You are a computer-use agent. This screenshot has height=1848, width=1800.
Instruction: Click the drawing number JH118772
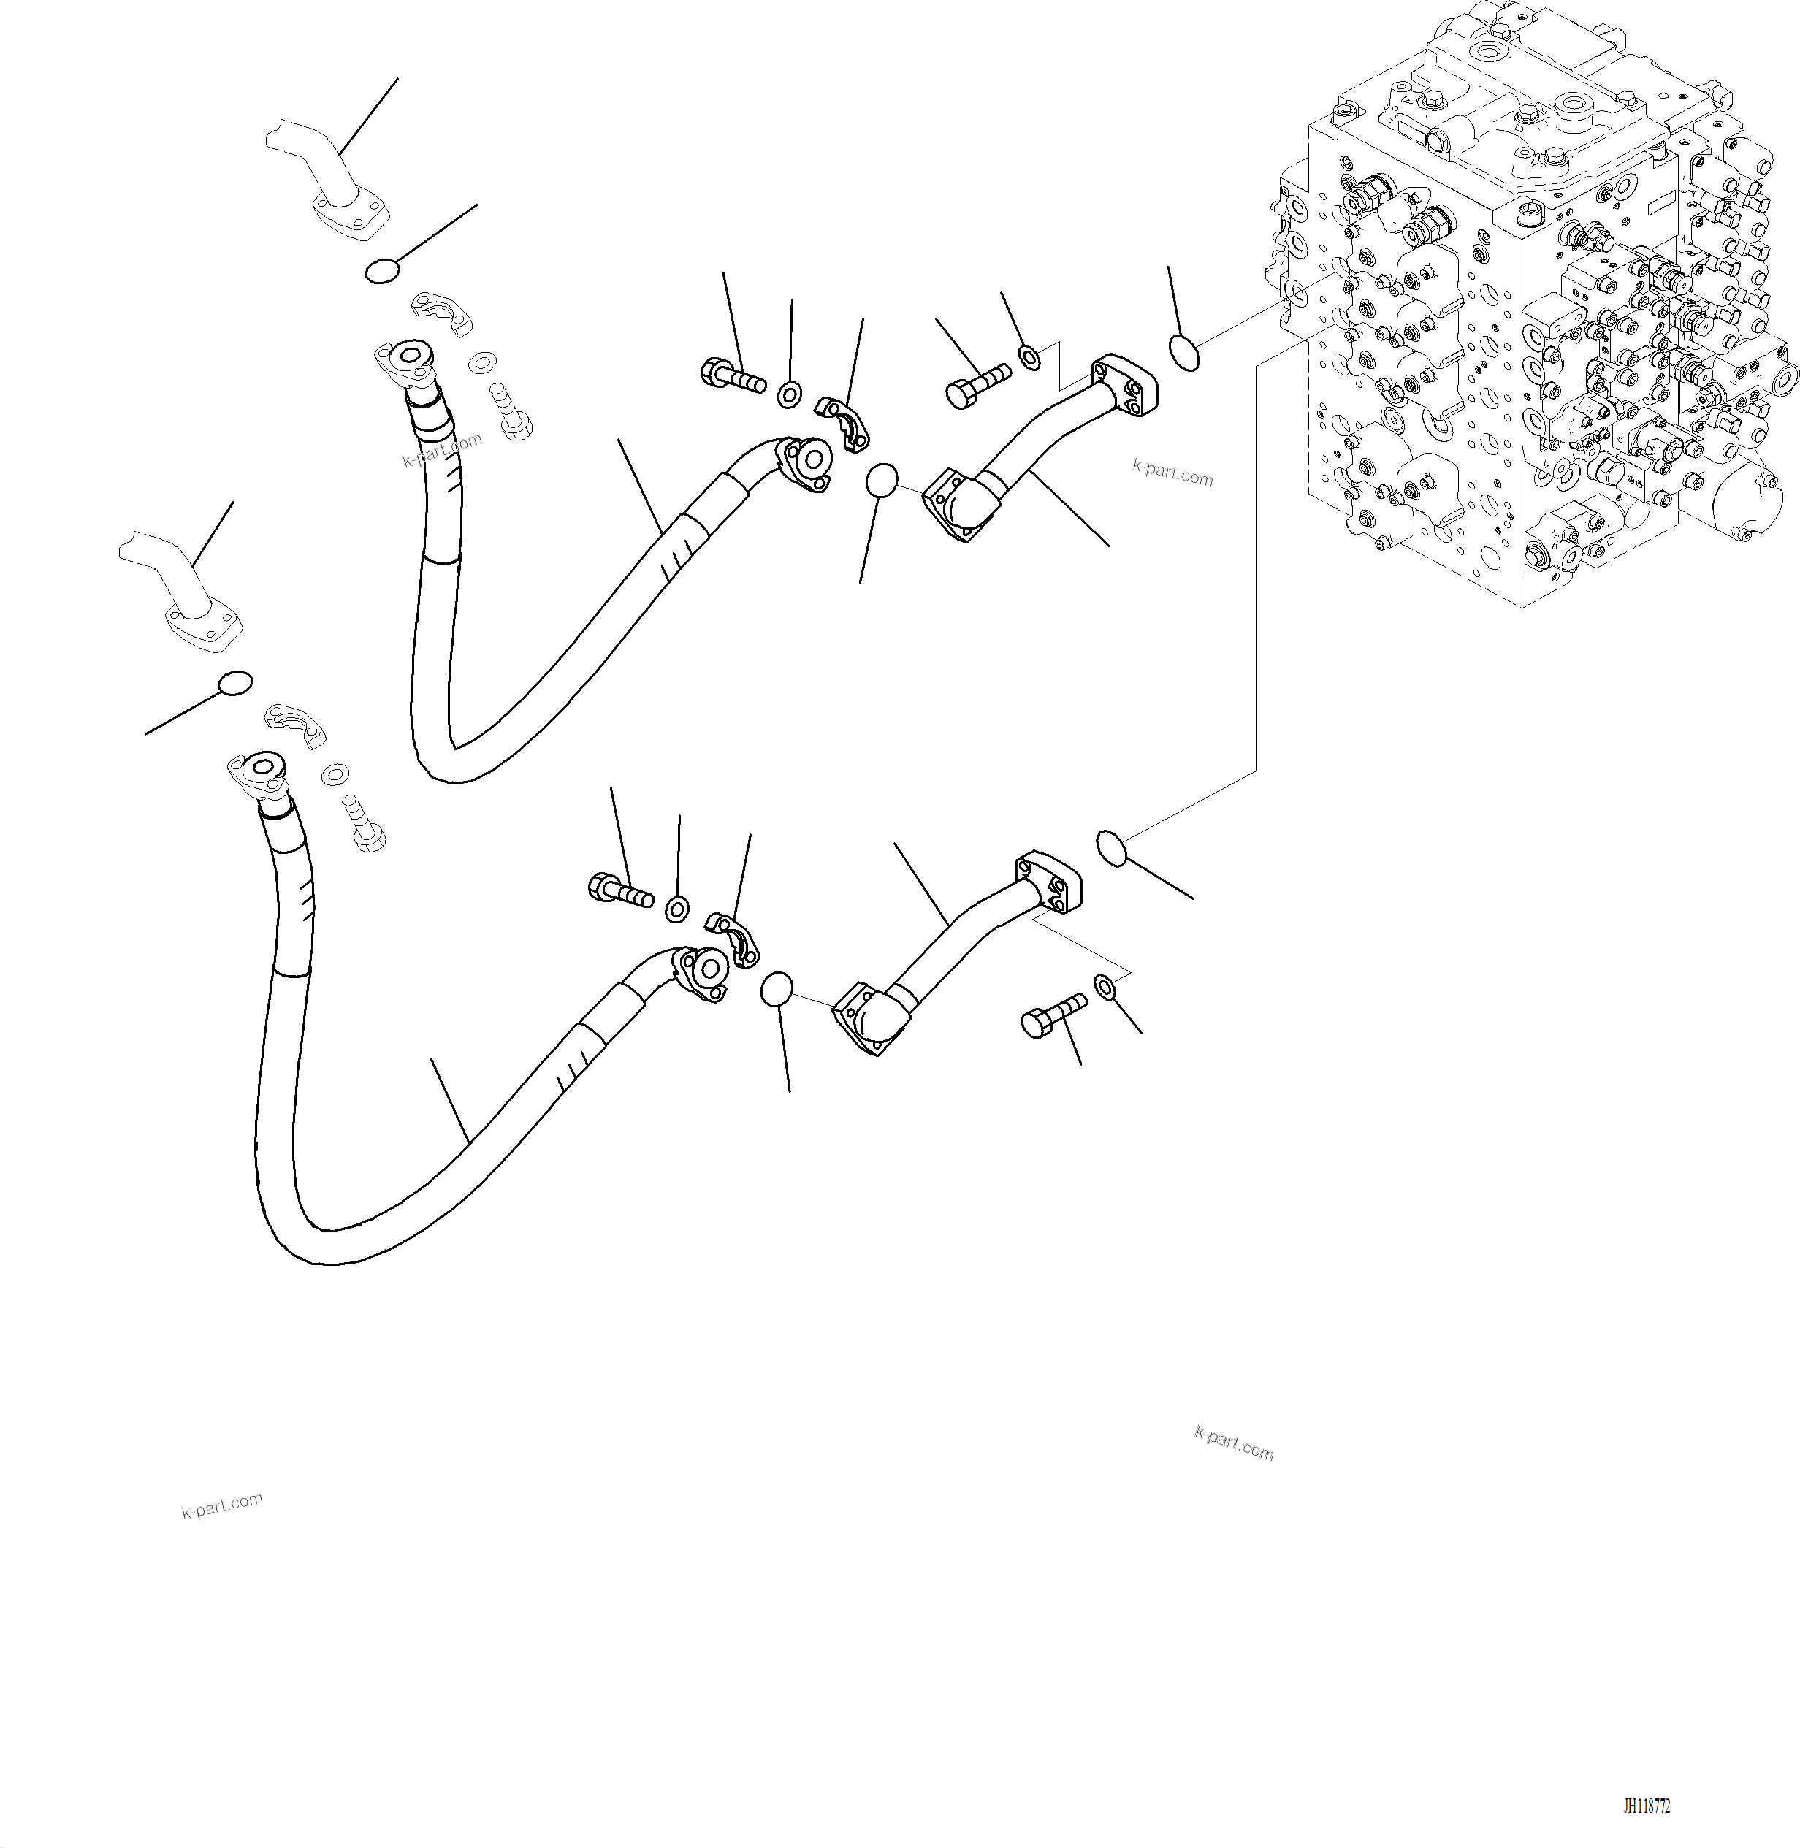pyautogui.click(x=1647, y=1806)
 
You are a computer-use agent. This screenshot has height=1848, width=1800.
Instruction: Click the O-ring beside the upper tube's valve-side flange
pyautogui.click(x=1185, y=353)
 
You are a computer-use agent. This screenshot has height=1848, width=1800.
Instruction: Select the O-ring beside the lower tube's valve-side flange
pyautogui.click(x=1112, y=847)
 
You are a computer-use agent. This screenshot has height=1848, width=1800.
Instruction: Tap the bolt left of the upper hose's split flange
pyautogui.click(x=732, y=377)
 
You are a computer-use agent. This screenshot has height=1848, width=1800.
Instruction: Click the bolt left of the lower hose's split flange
pyautogui.click(x=619, y=890)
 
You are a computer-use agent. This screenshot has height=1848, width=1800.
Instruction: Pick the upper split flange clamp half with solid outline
pyautogui.click(x=844, y=420)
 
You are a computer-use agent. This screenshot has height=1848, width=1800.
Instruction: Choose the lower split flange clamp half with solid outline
pyautogui.click(x=735, y=938)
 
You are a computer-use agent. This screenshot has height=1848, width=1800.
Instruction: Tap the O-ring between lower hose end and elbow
pyautogui.click(x=776, y=990)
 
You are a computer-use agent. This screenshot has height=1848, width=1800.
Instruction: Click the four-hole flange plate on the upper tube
pyautogui.click(x=1125, y=386)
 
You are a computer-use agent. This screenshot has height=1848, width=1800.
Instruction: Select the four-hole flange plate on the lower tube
pyautogui.click(x=1049, y=882)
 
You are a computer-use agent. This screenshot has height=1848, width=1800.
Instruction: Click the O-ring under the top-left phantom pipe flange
pyautogui.click(x=382, y=271)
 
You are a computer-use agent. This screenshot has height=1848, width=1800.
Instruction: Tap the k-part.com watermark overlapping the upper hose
pyautogui.click(x=441, y=450)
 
